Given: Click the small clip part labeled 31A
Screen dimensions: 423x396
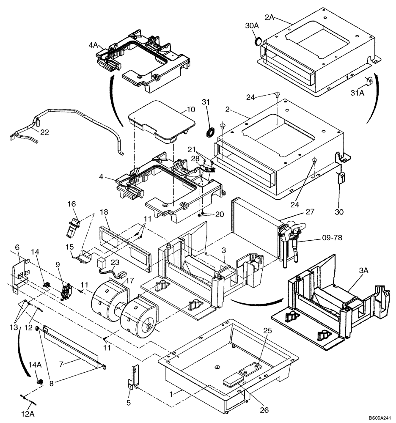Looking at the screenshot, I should pos(368,81).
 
